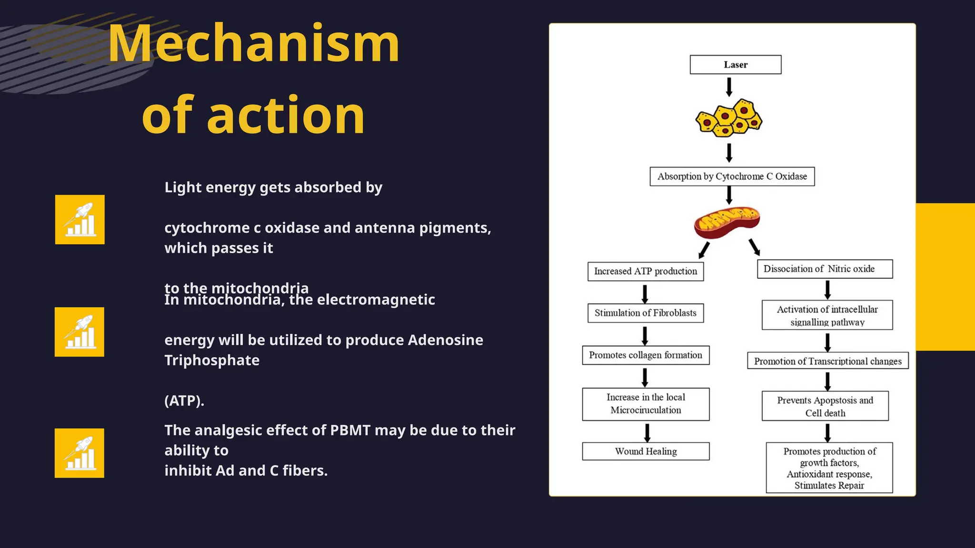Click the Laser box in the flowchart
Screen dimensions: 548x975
[x=735, y=65]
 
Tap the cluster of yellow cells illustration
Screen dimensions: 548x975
[x=728, y=117]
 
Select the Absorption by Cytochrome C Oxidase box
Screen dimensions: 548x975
[x=732, y=176]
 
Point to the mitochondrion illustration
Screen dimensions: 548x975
[x=726, y=222]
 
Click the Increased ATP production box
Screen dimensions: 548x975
[x=645, y=272]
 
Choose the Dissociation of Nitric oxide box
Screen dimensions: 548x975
[x=824, y=269]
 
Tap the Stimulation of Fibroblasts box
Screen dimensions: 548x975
[x=645, y=313]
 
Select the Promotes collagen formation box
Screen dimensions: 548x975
[x=645, y=355]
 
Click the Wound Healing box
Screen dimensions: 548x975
[x=645, y=451]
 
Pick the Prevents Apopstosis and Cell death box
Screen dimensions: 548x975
[x=825, y=406]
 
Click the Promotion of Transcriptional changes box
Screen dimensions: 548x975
[x=827, y=361]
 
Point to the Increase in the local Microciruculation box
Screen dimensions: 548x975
[x=645, y=404]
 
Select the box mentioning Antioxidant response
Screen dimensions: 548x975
[x=829, y=468]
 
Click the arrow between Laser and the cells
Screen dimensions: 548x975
[x=728, y=87]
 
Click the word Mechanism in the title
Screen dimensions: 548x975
[x=254, y=44]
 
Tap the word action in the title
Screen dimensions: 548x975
[x=286, y=116]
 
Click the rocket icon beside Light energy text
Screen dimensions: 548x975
[x=80, y=220]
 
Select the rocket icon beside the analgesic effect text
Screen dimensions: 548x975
[x=80, y=453]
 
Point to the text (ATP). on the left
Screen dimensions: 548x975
[x=184, y=401]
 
